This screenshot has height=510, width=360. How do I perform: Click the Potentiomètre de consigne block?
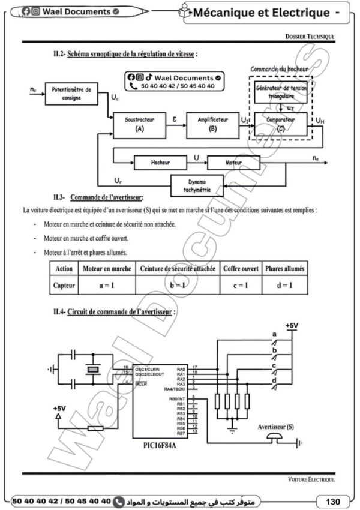click(x=71, y=94)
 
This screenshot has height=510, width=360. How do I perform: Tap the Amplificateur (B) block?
click(x=210, y=124)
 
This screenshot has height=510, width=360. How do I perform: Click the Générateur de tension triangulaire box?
click(x=280, y=92)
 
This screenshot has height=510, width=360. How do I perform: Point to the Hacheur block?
click(x=160, y=162)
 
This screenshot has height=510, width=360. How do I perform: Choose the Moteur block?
click(x=233, y=162)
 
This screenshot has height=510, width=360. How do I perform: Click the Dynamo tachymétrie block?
click(x=196, y=185)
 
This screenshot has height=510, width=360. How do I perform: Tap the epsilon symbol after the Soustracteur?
click(x=175, y=119)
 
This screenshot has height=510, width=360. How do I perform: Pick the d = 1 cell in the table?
click(x=285, y=286)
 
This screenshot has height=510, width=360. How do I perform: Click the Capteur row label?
click(x=64, y=286)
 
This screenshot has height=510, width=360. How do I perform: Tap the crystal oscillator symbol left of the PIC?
click(x=91, y=370)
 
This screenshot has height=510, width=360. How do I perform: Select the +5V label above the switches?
click(x=292, y=325)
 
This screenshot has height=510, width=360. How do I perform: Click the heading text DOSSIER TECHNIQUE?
click(x=310, y=37)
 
